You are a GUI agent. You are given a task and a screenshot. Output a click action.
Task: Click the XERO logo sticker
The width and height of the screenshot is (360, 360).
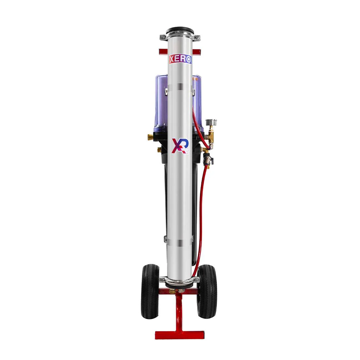click(x=180, y=60)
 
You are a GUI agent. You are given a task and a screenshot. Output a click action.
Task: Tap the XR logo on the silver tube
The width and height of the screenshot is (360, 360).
click(x=180, y=146)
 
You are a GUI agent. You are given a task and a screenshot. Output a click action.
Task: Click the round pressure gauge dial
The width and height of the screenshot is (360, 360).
click(x=211, y=122)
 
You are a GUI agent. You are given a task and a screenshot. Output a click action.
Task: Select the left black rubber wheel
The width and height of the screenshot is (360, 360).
click(x=150, y=292)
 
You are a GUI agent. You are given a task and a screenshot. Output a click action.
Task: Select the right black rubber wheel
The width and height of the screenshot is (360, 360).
click(x=207, y=292)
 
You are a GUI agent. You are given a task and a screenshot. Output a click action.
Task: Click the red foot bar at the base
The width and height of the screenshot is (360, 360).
click(x=180, y=335)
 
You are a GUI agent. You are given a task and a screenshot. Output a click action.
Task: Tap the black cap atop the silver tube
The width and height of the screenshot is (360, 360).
click(x=180, y=30)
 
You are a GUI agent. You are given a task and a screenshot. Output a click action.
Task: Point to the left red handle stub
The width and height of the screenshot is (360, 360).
click(x=163, y=52)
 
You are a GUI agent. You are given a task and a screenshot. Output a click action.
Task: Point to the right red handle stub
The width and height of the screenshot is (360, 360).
click(x=197, y=52)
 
